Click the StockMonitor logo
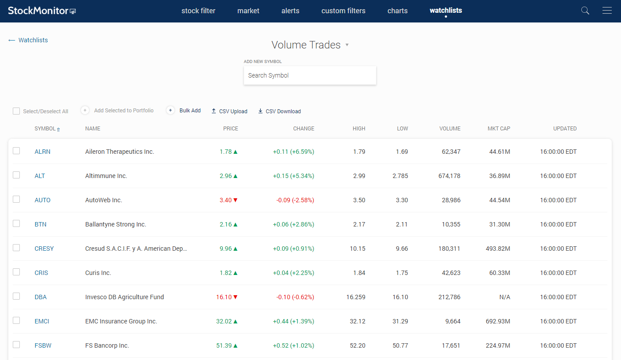(x=42, y=11)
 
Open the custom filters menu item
(x=343, y=11)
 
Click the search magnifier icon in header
(x=585, y=11)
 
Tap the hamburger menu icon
(x=607, y=11)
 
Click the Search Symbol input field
(x=310, y=75)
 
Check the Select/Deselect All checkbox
(x=16, y=111)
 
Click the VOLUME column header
(x=450, y=129)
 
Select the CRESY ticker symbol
(x=44, y=249)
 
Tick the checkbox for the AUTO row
(x=16, y=199)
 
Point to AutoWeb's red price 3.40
(x=225, y=200)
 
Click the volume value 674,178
(x=449, y=176)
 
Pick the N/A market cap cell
(x=504, y=297)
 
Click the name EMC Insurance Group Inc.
(x=121, y=321)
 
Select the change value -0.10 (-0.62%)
(x=295, y=297)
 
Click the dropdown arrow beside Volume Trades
(x=347, y=45)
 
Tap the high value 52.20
(x=357, y=345)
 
